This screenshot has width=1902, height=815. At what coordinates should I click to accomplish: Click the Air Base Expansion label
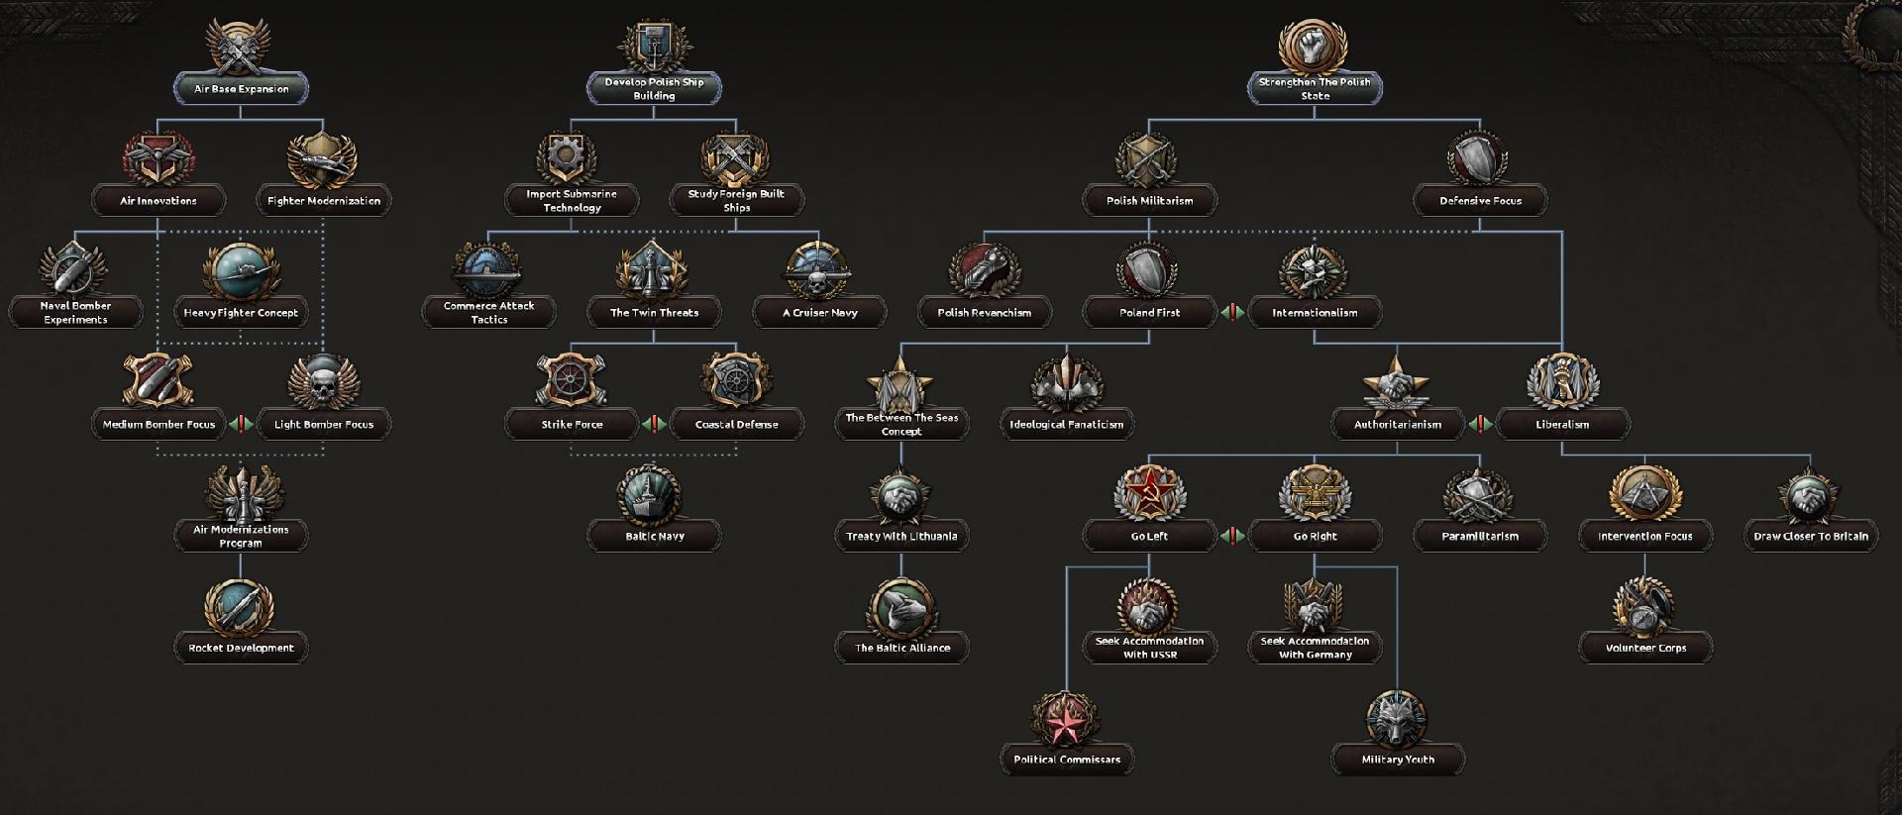click(241, 89)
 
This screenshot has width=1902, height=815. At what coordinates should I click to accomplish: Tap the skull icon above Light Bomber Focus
click(323, 381)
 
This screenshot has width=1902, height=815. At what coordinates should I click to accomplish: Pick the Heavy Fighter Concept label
click(241, 313)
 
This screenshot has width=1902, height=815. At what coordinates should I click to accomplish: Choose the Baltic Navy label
click(655, 537)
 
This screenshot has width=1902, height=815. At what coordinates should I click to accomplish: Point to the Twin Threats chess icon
click(654, 268)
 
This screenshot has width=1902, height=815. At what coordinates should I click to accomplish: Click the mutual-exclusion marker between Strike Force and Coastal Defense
click(654, 425)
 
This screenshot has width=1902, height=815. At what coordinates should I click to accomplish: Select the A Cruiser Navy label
click(819, 313)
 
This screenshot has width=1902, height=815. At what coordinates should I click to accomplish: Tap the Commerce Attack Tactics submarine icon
click(488, 268)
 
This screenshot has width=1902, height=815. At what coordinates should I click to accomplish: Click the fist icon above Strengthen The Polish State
click(1315, 46)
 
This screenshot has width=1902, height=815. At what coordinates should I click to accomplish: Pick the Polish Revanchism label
click(985, 313)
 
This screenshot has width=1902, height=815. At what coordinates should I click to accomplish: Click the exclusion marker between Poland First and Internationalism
click(1232, 313)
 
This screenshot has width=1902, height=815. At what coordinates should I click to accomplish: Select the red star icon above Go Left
click(1149, 493)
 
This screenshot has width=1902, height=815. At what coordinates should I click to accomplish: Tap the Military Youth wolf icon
click(1397, 718)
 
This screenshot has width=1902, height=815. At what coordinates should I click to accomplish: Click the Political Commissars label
click(1067, 761)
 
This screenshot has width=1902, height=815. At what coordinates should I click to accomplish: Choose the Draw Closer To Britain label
click(1811, 537)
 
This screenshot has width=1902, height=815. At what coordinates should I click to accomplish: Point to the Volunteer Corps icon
click(1644, 605)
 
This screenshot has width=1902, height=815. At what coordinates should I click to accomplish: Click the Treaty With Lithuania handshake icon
click(901, 493)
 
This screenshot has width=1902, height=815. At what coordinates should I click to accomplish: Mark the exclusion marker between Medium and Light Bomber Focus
click(241, 425)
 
